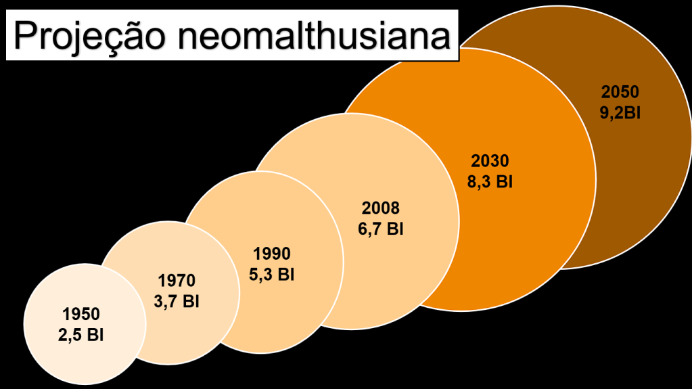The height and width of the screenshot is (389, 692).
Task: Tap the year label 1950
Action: click(x=81, y=314)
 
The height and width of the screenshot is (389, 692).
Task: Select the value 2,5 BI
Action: click(x=81, y=335)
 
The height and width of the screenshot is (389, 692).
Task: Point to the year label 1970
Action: click(x=177, y=280)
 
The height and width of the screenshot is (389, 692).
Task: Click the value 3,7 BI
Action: click(x=177, y=302)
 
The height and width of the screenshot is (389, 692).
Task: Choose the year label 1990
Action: click(x=272, y=254)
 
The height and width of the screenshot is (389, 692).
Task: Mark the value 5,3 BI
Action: click(x=272, y=275)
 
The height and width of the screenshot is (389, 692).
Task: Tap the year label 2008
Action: click(x=381, y=208)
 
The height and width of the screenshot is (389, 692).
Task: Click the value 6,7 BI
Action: click(x=381, y=229)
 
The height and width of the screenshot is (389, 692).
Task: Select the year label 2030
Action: click(x=489, y=161)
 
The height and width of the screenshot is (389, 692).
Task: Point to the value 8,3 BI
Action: click(x=489, y=183)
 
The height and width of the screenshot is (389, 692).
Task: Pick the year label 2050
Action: click(x=620, y=92)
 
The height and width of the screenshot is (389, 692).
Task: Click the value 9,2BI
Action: click(x=620, y=113)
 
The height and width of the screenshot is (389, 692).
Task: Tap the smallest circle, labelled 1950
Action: click(x=61, y=352)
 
